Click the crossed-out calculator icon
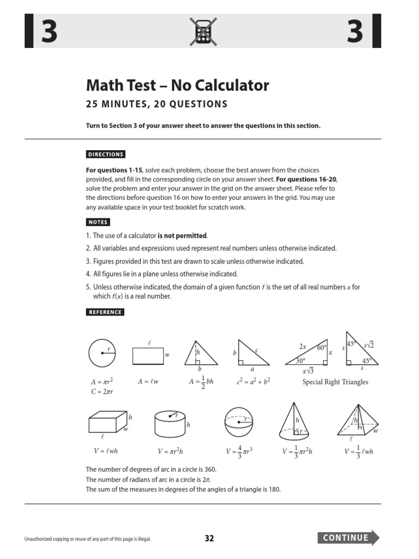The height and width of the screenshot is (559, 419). pos(203,31)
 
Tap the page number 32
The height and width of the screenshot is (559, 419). pos(209,538)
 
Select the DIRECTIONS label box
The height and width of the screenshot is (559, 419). pos(106,154)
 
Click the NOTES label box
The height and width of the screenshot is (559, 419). pos(98,222)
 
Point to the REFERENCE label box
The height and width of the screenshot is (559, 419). pos(105,312)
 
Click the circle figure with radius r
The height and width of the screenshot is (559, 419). pos(102,354)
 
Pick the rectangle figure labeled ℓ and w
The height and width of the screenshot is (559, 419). pos(148,355)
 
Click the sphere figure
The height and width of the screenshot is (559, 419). pos(240,423)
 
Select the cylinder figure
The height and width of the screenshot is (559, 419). pos(170,423)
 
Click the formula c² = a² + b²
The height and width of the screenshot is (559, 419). pos(254,382)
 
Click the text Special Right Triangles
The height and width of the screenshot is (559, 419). pos(335,382)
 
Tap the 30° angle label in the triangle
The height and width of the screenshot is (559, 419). pos(301,361)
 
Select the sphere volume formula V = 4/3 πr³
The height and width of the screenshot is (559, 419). pos(239,452)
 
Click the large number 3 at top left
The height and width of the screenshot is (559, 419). pos(49,32)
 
